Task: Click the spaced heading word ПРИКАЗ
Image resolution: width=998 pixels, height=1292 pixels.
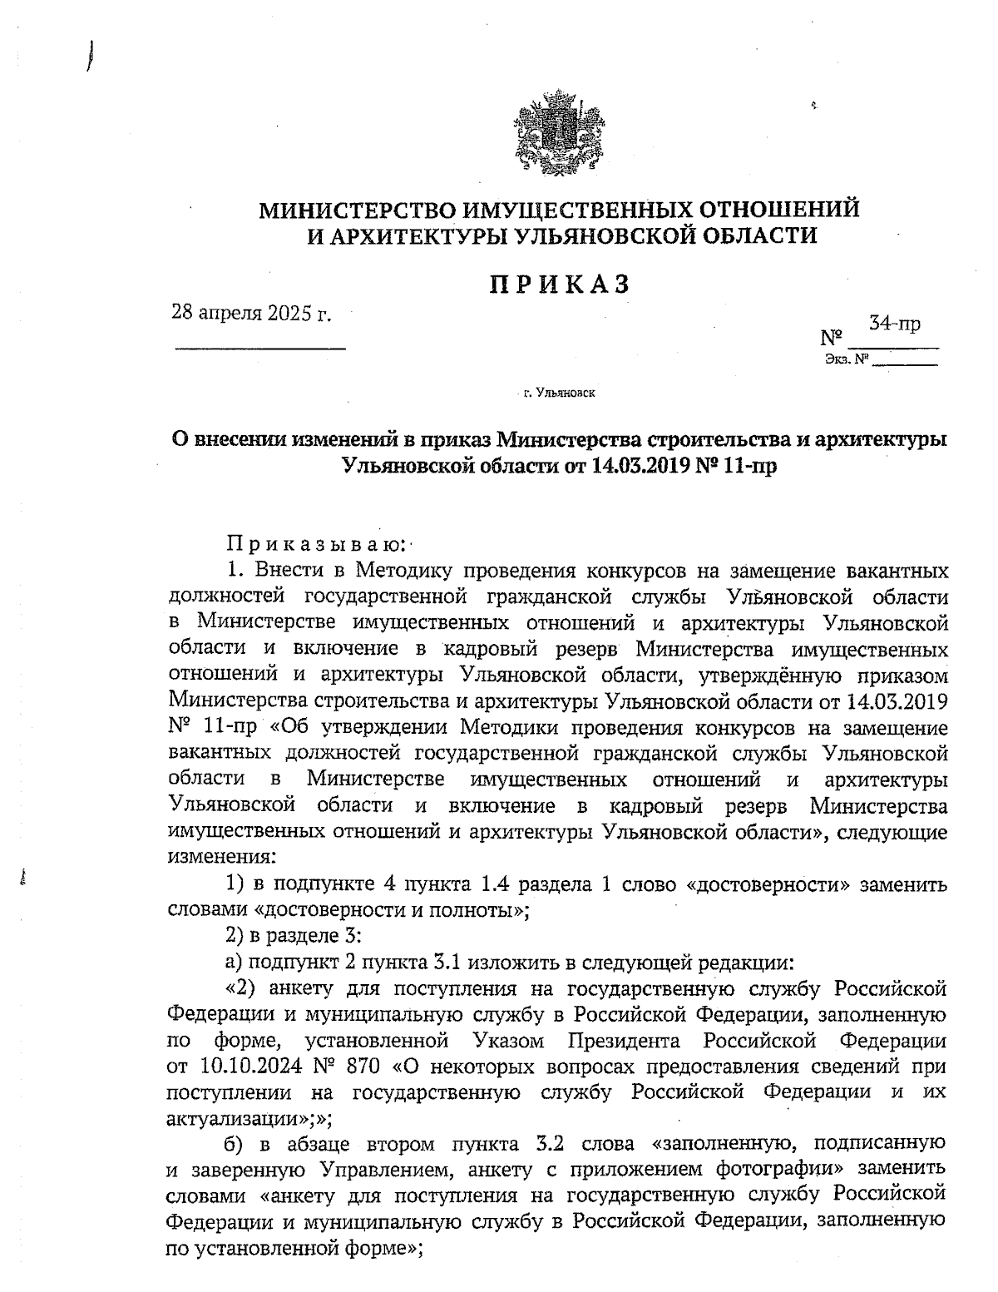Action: click(558, 284)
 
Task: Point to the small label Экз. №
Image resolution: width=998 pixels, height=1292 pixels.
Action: click(847, 359)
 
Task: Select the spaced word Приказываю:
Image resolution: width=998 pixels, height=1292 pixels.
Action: click(316, 545)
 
